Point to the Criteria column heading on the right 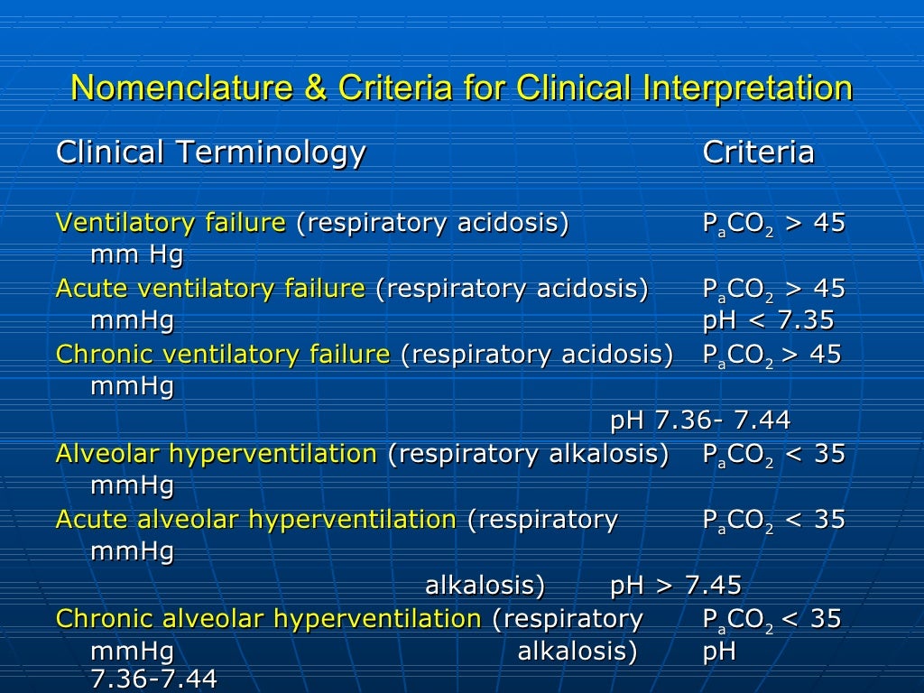[758, 152]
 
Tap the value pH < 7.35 [768, 321]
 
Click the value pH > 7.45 [676, 586]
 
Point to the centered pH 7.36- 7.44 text [700, 420]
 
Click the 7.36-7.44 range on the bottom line [154, 679]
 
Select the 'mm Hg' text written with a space [137, 255]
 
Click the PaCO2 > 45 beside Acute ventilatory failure [773, 290]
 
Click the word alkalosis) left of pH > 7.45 [485, 586]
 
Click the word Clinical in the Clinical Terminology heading [110, 152]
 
